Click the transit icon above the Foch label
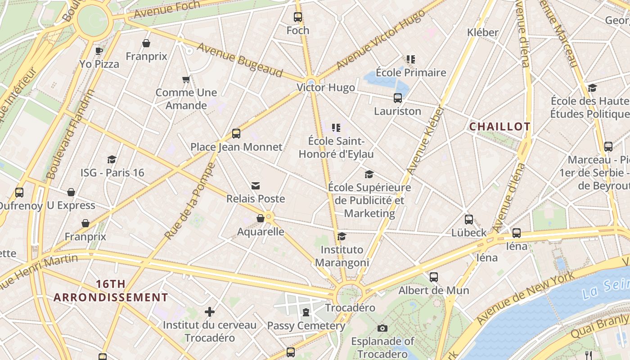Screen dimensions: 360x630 (x=298, y=17)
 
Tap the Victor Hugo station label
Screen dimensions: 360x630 (x=326, y=87)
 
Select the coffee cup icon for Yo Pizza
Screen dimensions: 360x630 (x=99, y=50)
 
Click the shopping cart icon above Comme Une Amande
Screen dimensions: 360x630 (x=186, y=80)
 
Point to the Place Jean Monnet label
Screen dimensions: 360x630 (x=236, y=147)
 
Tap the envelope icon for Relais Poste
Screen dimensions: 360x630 (x=256, y=185)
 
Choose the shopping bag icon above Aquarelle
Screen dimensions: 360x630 (x=260, y=219)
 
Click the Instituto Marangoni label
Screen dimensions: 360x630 (x=342, y=256)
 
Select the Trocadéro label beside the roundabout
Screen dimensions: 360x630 (x=350, y=308)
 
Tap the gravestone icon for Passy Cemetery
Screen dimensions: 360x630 (x=306, y=312)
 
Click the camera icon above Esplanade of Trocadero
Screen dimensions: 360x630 (x=382, y=328)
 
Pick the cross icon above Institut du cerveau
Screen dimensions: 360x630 (x=209, y=311)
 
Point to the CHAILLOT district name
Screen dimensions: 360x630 (x=500, y=127)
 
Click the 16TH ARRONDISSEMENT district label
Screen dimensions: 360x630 (x=111, y=291)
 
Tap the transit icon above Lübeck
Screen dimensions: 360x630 (x=469, y=220)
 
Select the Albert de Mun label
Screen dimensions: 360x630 (x=433, y=290)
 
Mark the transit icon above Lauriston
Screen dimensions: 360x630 (x=397, y=98)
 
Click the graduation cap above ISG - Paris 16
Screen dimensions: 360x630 (x=112, y=159)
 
